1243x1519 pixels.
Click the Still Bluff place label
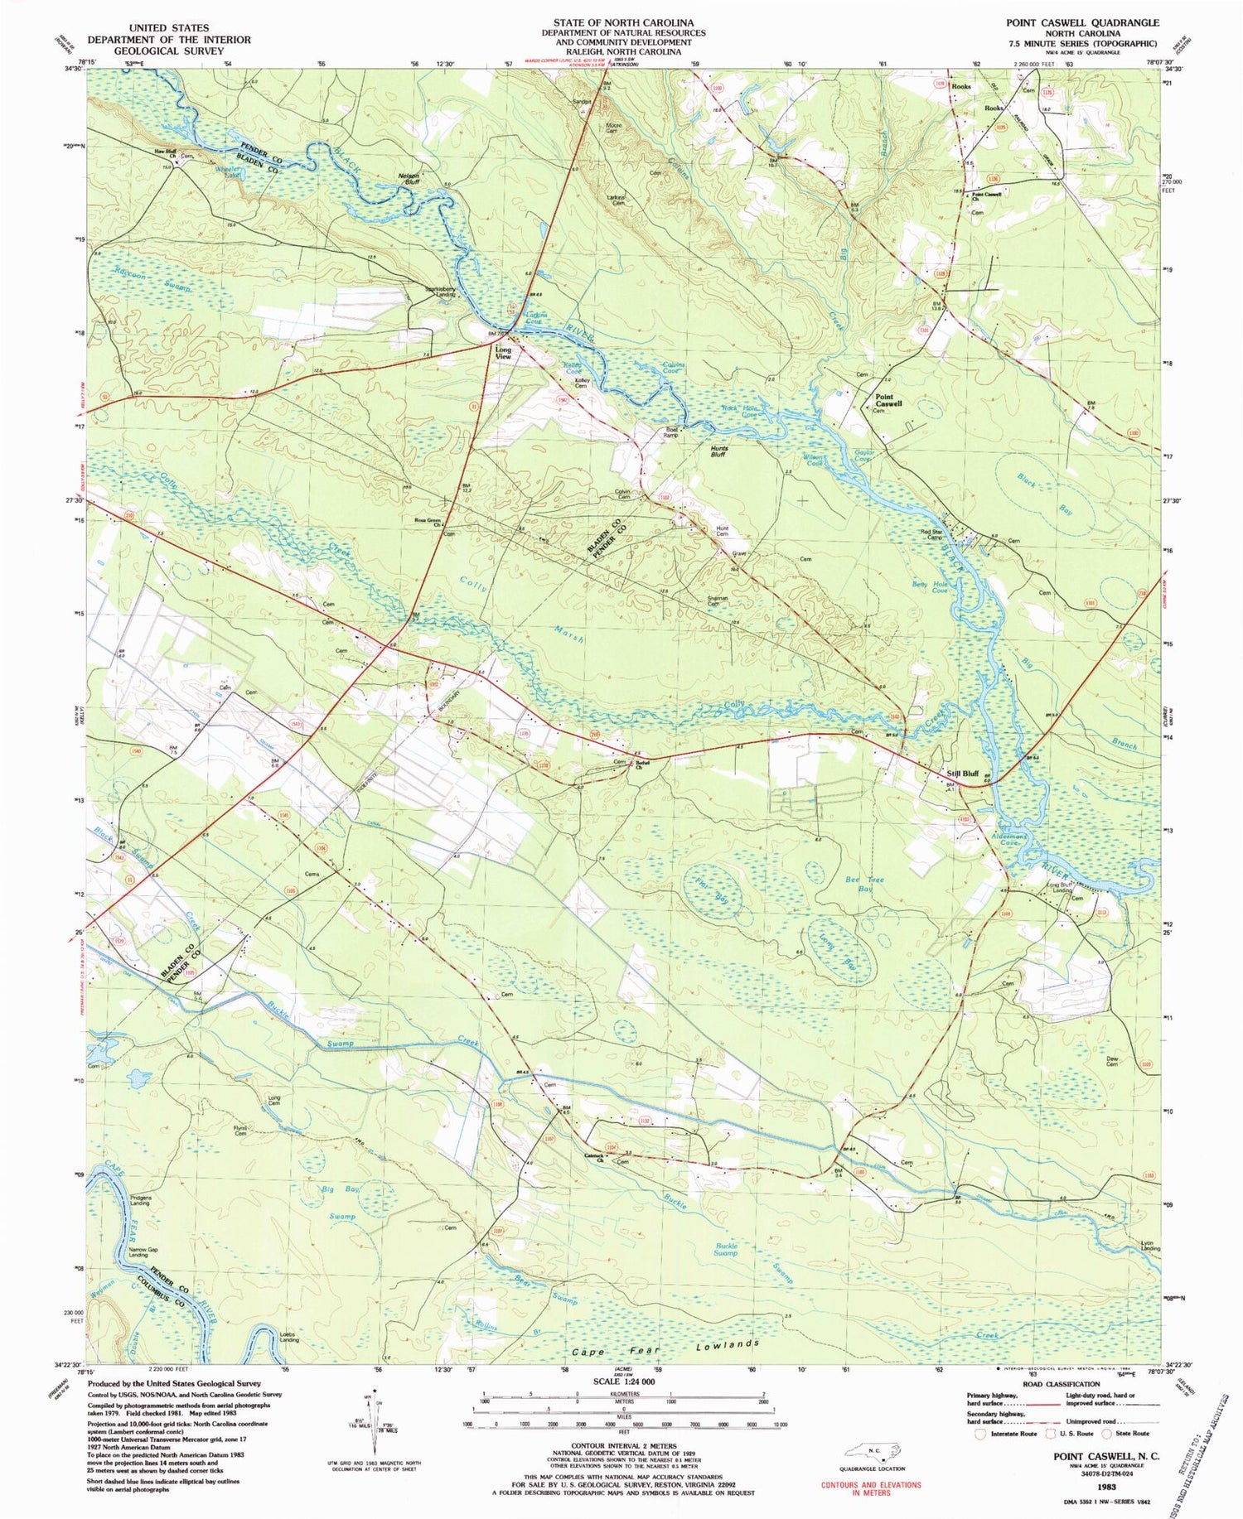[962, 773]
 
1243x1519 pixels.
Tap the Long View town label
[503, 354]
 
